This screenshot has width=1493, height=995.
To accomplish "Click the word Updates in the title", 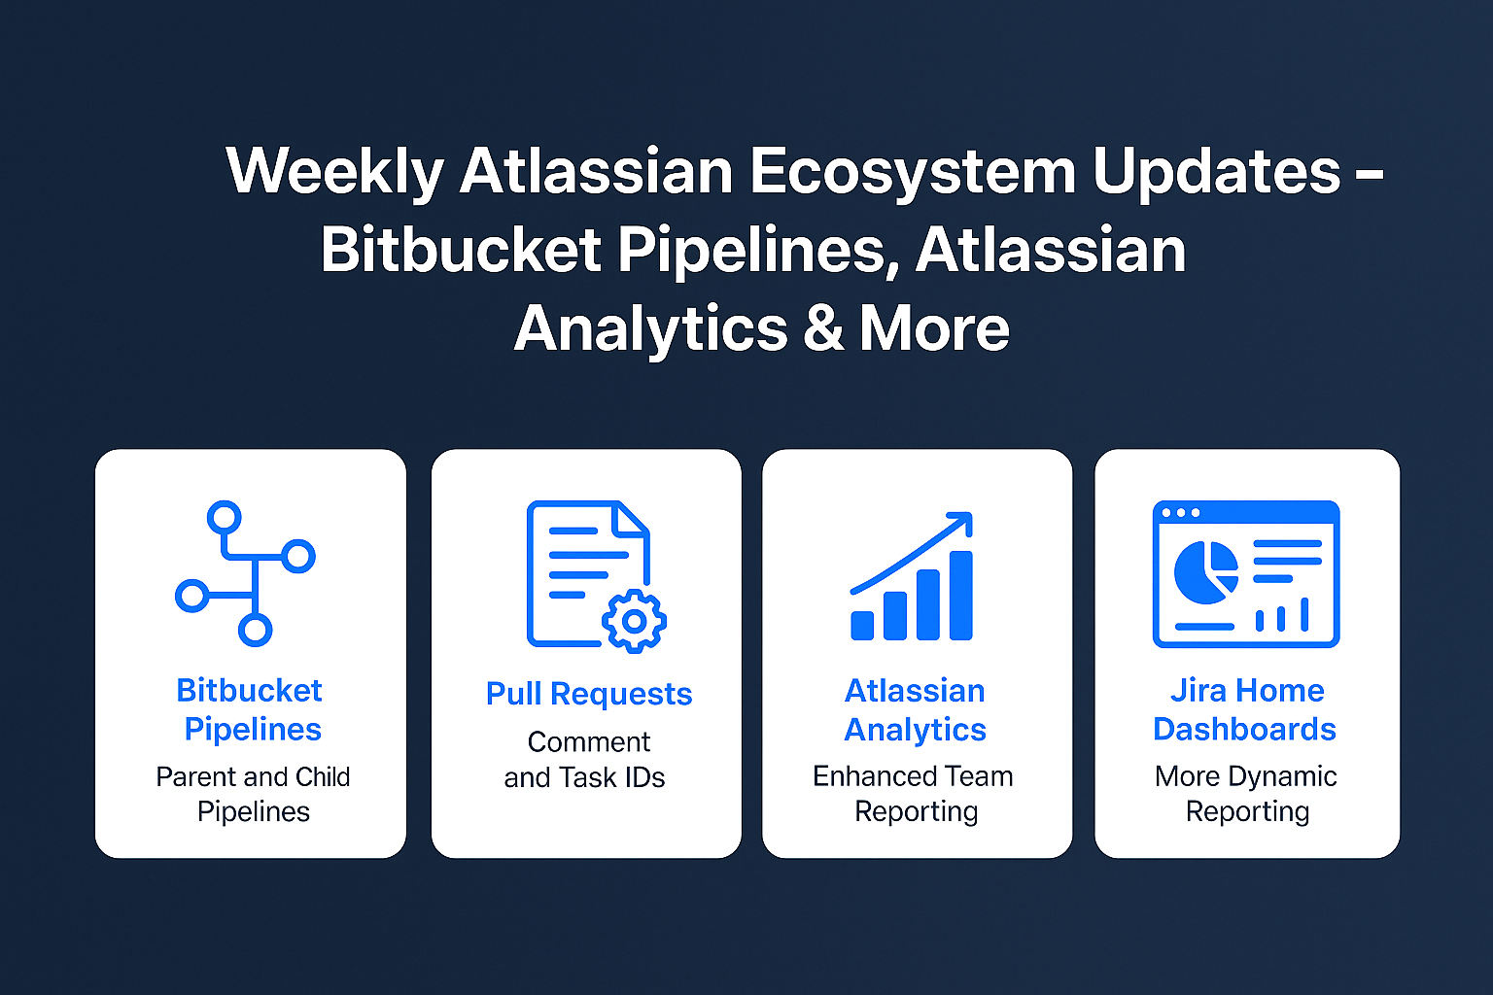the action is click(1216, 171).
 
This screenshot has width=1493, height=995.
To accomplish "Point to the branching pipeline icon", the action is click(245, 573).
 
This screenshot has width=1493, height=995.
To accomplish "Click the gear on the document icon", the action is click(634, 621).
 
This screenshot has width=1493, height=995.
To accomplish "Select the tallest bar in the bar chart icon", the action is click(961, 595).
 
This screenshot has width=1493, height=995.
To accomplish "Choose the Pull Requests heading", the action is click(588, 694).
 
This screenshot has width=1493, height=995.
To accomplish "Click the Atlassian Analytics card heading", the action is click(915, 709).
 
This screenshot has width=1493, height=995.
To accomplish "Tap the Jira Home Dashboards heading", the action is click(1245, 709).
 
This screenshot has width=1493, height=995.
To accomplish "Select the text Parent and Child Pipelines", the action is click(254, 794).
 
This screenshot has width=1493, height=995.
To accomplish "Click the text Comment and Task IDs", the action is click(585, 760).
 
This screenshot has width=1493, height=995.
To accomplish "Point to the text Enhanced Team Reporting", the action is click(914, 794).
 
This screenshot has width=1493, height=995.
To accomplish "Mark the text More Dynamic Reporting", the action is click(1246, 794).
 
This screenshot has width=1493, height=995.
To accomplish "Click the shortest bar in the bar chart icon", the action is click(862, 626).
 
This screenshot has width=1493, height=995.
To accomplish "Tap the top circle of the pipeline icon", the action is click(224, 518).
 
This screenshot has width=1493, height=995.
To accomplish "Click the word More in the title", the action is click(934, 327).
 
